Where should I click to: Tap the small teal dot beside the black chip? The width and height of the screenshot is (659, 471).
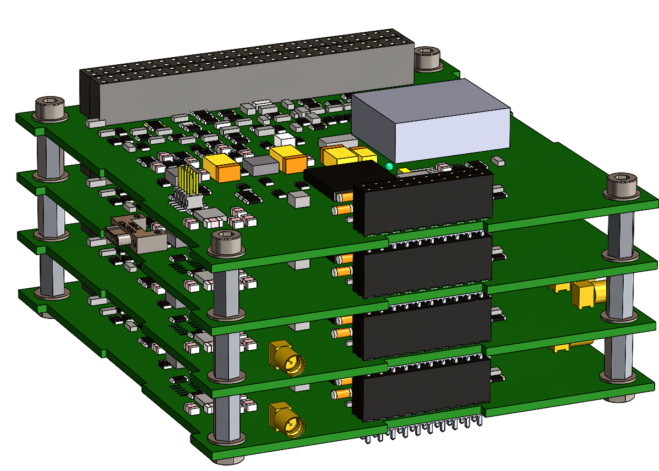[389, 166]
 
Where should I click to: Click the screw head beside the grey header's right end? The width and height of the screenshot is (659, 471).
[428, 58]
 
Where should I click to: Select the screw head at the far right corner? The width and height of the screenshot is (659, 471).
[622, 183]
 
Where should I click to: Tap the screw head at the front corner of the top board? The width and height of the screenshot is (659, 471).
[227, 242]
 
